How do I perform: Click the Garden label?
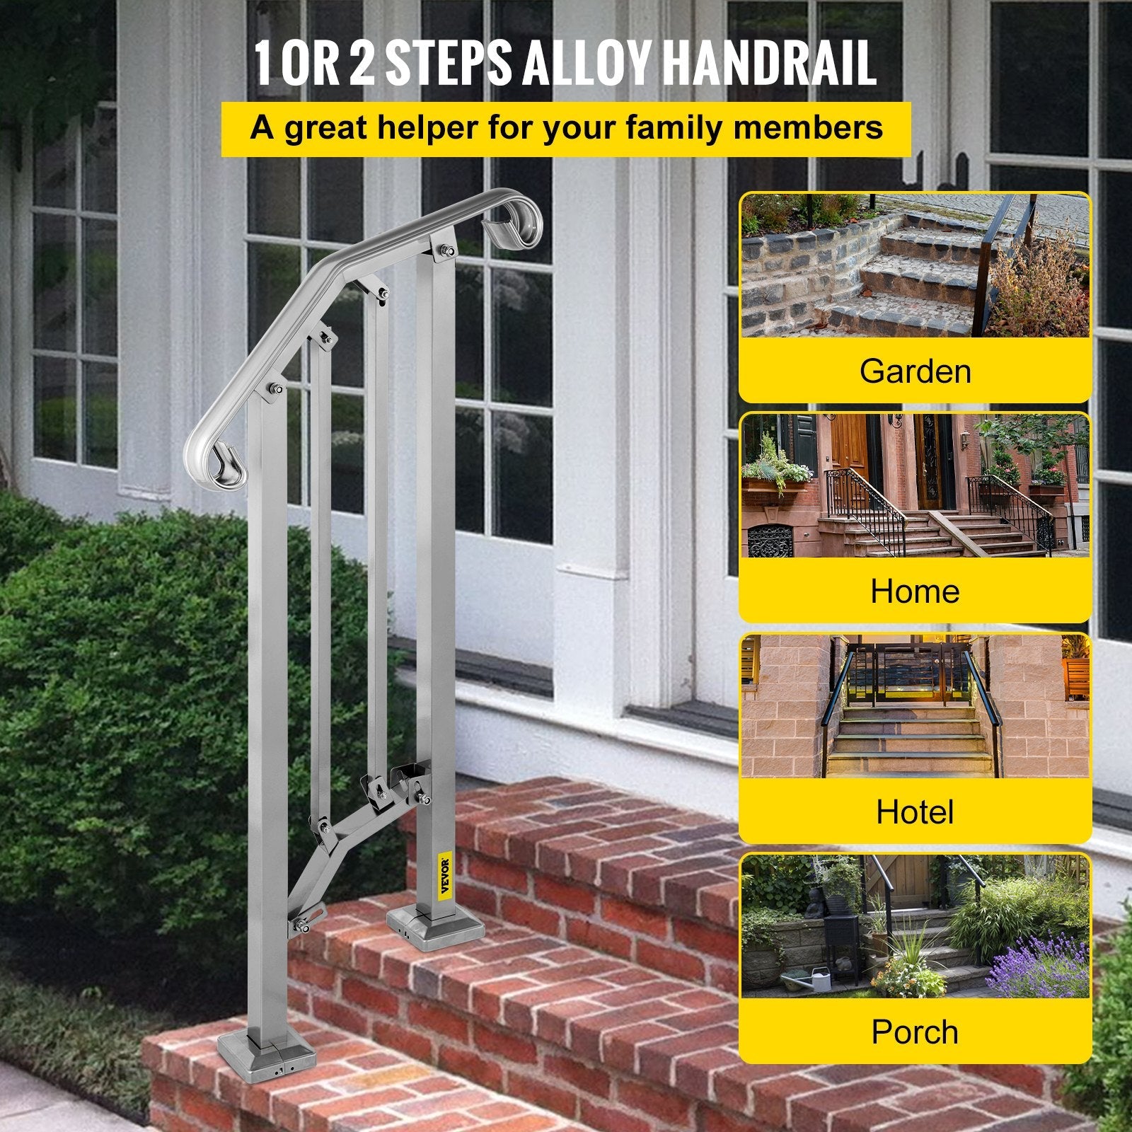915,371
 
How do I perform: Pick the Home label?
915,591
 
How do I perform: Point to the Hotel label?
915,812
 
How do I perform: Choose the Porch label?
915,1032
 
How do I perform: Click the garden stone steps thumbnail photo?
915,266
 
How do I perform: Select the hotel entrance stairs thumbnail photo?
915,706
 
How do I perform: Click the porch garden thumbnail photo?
915,926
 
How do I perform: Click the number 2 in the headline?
362,64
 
